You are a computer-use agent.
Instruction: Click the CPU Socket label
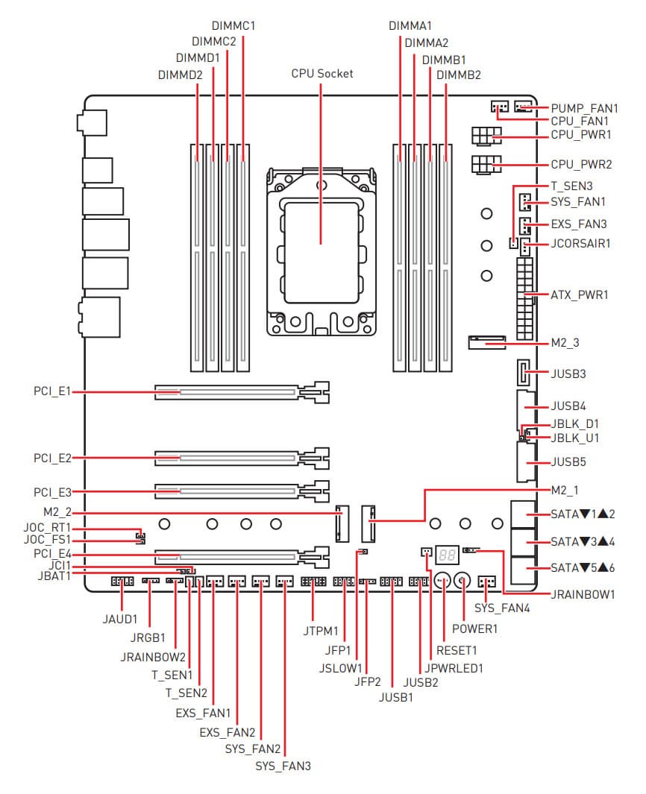322,74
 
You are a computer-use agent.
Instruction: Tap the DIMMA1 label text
410,25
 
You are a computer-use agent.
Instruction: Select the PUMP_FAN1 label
585,108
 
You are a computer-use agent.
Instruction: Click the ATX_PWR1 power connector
525,298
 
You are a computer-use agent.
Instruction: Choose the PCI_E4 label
52,554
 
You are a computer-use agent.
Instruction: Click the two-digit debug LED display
447,555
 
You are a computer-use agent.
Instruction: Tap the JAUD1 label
120,618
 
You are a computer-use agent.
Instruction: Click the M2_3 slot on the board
486,343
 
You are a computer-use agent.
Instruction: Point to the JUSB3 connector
524,372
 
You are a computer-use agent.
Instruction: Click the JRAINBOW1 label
583,594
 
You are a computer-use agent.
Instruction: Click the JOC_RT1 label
46,527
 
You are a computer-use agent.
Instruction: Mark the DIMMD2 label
180,75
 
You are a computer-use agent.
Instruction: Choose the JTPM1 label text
322,631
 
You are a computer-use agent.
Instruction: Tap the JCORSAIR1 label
580,243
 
